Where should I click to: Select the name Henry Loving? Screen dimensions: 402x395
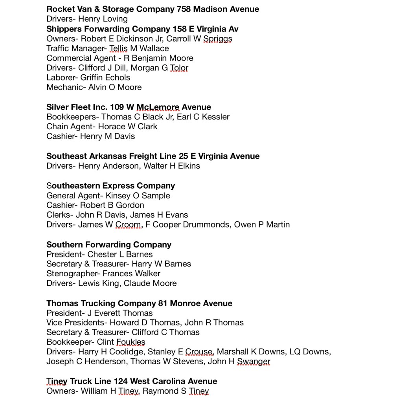point(103,19)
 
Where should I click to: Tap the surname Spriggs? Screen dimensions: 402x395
point(218,39)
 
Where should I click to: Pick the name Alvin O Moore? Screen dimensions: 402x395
point(115,87)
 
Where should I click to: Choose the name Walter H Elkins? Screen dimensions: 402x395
point(172,166)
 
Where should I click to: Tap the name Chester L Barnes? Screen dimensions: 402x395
point(120,254)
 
